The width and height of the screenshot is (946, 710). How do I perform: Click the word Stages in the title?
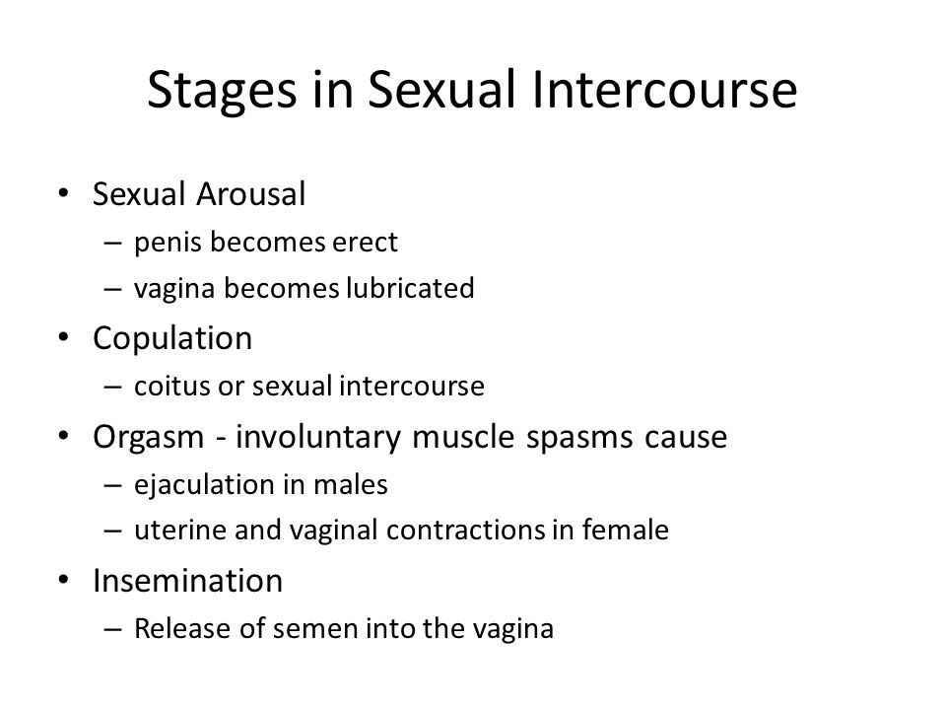point(222,91)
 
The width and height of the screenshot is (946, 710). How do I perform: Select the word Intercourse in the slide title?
point(664,90)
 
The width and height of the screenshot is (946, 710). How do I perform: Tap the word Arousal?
point(251,194)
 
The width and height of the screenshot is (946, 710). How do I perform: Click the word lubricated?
point(410,288)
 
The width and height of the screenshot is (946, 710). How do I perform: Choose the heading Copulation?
point(172,338)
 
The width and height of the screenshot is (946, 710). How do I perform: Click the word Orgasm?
point(149,437)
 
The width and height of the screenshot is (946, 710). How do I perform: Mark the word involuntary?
point(318,437)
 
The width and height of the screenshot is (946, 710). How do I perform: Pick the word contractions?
point(465,531)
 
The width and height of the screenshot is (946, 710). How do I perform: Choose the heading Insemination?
point(187,581)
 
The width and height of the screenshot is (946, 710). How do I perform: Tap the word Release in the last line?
point(182,628)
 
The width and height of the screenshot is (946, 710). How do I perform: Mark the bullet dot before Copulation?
point(63,337)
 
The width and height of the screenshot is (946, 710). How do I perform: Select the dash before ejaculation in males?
point(112,485)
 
